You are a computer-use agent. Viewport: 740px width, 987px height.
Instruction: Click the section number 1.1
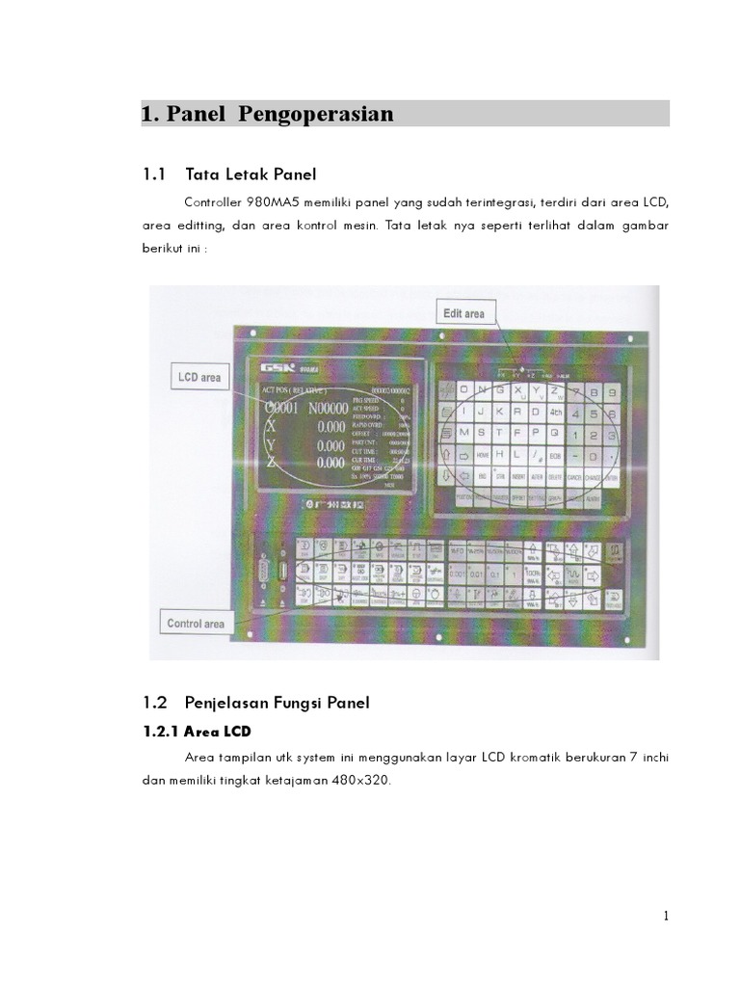pos(154,174)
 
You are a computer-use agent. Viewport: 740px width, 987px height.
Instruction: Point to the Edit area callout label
pos(464,313)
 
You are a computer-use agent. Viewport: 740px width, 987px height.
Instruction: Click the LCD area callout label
pos(198,377)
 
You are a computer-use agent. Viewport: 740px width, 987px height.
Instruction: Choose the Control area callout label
pos(197,624)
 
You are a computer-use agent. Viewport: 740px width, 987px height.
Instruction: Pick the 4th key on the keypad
pos(555,413)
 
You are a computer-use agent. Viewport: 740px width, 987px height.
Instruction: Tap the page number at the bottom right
pos(666,916)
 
